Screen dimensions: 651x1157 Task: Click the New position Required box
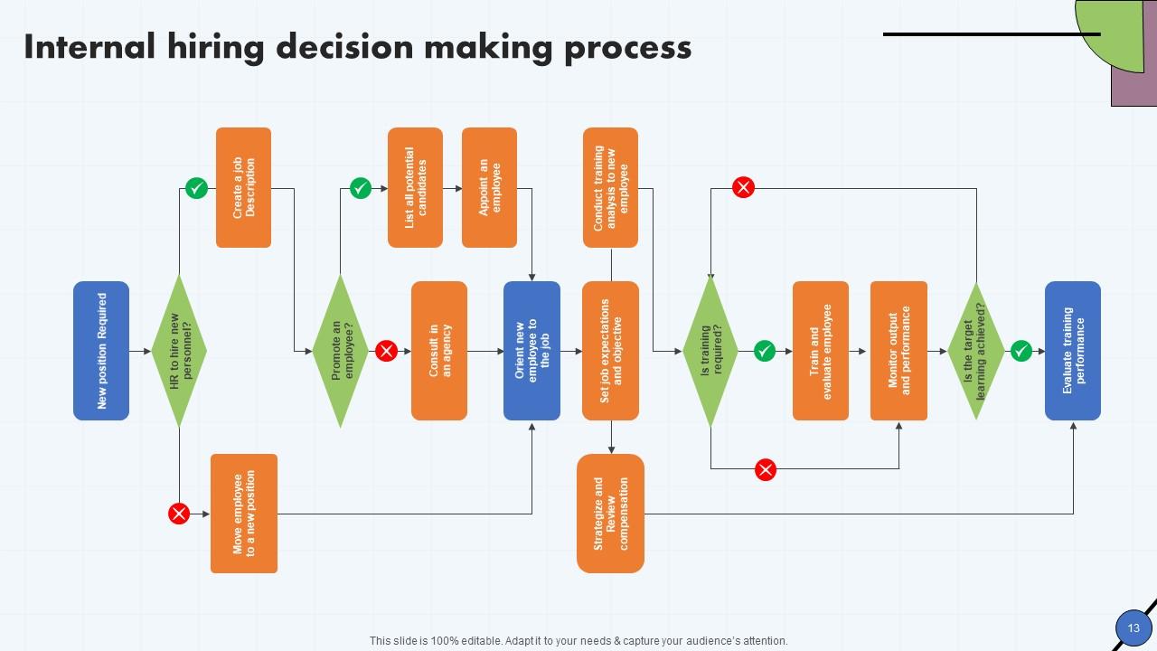pos(101,351)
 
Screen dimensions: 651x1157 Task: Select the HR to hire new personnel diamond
pos(179,351)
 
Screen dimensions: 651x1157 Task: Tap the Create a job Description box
pos(243,187)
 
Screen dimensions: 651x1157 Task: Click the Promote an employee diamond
pos(340,351)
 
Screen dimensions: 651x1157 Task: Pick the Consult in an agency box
pos(439,351)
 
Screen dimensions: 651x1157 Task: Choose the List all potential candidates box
pos(415,187)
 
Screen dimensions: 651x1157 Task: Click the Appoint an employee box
pos(489,187)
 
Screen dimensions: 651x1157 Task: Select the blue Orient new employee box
pos(531,351)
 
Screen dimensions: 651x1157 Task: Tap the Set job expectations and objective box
pos(610,351)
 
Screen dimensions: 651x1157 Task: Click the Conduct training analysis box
pos(610,187)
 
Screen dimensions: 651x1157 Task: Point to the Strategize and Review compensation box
pos(610,514)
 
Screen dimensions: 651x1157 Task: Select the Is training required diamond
pos(710,351)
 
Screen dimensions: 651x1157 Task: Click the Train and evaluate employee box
pos(821,351)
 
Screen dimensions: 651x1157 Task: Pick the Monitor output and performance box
pos(898,351)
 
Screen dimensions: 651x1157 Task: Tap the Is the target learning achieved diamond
pos(976,351)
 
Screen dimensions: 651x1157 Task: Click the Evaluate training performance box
pos(1073,351)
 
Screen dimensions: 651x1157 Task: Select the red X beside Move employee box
pos(179,514)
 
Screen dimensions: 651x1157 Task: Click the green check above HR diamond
pos(196,188)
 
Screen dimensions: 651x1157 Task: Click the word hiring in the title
pos(213,47)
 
